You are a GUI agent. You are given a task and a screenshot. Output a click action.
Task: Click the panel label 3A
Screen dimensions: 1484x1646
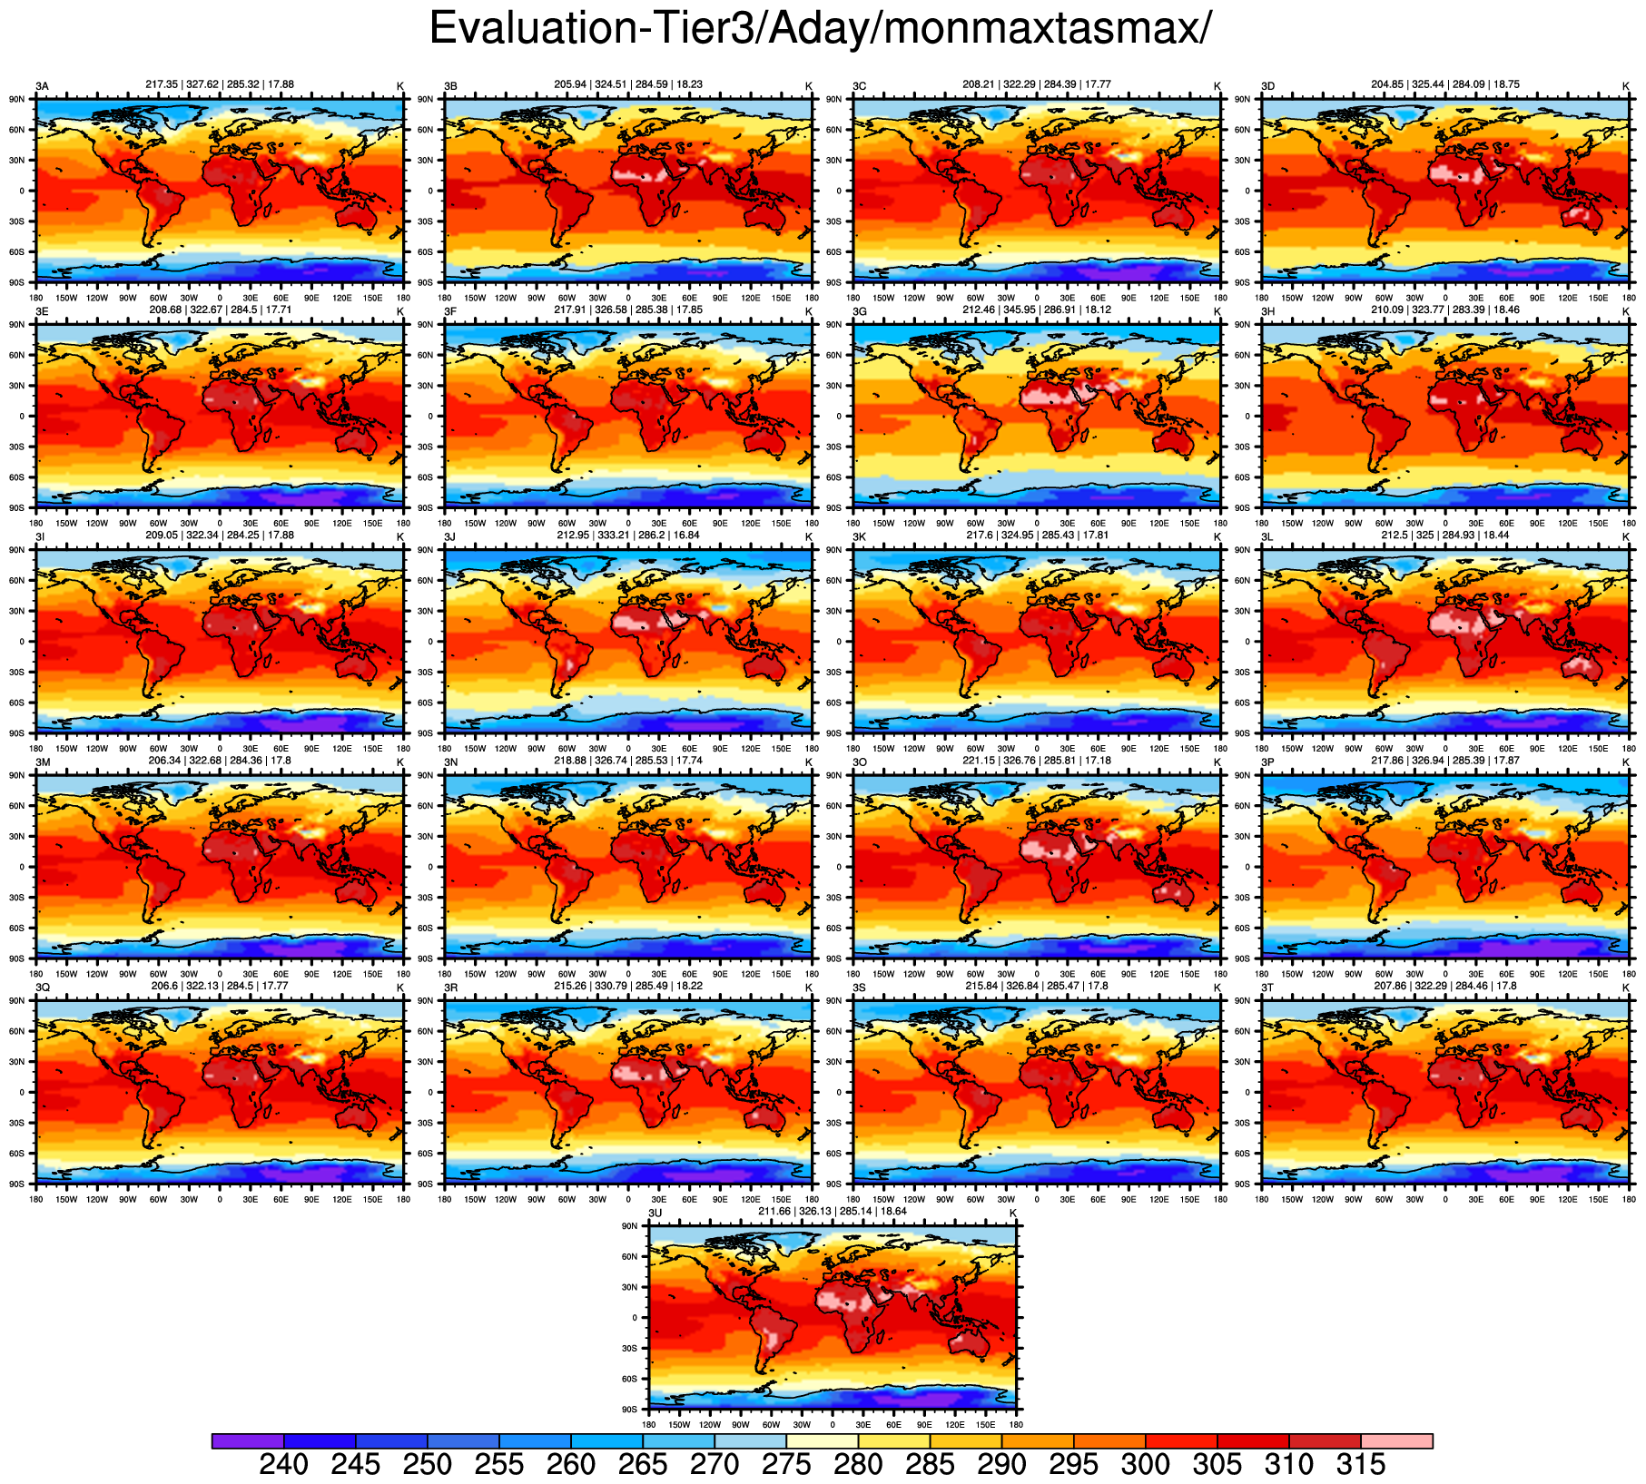pyautogui.click(x=42, y=86)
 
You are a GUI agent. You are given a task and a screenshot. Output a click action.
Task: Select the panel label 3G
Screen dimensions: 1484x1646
pyautogui.click(x=860, y=312)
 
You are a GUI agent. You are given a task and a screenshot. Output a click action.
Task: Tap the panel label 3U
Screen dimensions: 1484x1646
pyautogui.click(x=655, y=1214)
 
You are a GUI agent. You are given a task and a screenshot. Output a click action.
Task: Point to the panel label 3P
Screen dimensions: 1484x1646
pyautogui.click(x=1268, y=762)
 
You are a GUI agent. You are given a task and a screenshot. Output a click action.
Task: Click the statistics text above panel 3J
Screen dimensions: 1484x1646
pyautogui.click(x=628, y=536)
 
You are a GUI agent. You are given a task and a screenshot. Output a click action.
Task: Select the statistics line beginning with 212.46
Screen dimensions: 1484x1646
pyautogui.click(x=1037, y=310)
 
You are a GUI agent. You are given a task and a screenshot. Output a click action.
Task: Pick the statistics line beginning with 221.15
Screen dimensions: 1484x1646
pyautogui.click(x=1037, y=761)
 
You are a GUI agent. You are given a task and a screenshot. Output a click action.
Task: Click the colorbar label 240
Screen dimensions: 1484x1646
pyautogui.click(x=283, y=1465)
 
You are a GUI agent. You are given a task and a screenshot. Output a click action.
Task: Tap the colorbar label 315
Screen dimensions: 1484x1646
pyautogui.click(x=1361, y=1465)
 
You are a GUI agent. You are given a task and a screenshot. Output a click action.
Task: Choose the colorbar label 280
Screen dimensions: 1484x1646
pyautogui.click(x=858, y=1465)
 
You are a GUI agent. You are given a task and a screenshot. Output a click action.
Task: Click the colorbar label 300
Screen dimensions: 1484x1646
pyautogui.click(x=1146, y=1465)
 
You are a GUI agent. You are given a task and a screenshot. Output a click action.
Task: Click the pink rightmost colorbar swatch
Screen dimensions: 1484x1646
pyautogui.click(x=1396, y=1441)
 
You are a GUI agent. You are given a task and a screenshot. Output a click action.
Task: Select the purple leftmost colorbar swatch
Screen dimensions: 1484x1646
pyautogui.click(x=248, y=1441)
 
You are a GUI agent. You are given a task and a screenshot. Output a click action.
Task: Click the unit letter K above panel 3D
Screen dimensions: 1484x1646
pyautogui.click(x=1626, y=86)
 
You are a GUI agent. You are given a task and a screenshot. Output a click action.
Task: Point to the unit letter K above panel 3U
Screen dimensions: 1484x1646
pyautogui.click(x=1013, y=1214)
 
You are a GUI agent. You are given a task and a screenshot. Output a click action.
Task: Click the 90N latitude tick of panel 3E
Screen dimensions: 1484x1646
pyautogui.click(x=17, y=325)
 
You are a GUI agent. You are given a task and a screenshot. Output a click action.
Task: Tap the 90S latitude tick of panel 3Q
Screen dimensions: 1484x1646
pyautogui.click(x=17, y=1184)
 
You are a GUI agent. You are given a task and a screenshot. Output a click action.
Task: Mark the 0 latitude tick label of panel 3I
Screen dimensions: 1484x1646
pyautogui.click(x=23, y=642)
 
